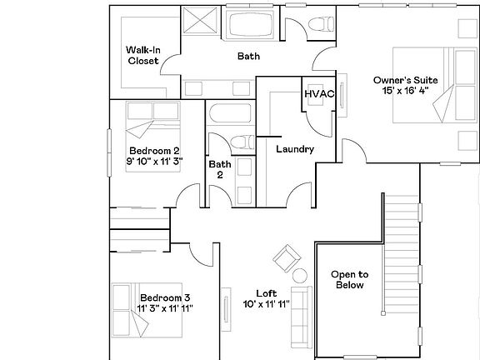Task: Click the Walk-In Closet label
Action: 142,55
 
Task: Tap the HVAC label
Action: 318,94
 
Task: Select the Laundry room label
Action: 294,150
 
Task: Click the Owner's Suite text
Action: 404,80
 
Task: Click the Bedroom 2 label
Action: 153,151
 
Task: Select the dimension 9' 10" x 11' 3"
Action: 153,161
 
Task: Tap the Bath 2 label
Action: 220,169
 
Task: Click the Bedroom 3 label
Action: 164,297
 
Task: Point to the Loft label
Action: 266,293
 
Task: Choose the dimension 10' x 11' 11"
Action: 266,304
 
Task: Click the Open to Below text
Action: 350,279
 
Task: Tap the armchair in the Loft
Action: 287,257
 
